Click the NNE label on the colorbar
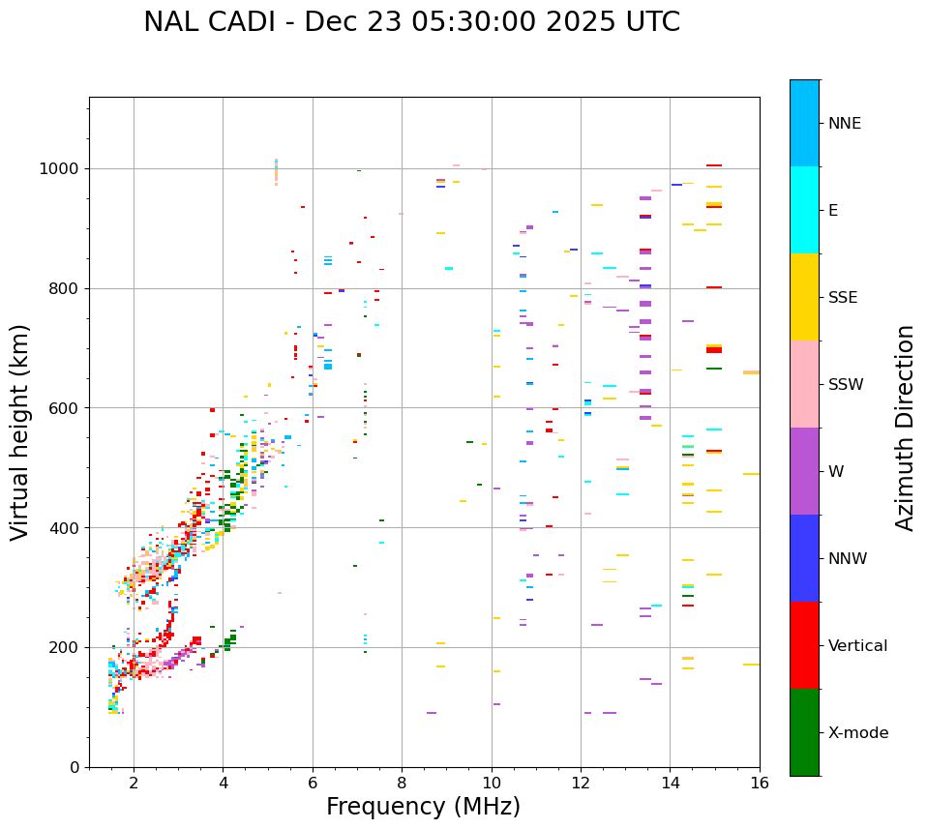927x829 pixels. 844,124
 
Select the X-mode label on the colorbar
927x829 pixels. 857,733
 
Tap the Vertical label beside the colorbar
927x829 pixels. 857,646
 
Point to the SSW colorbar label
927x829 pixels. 846,385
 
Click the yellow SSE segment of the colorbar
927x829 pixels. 804,297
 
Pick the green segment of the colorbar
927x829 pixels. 804,732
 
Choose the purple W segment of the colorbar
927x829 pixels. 804,471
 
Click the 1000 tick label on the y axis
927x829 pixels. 61,169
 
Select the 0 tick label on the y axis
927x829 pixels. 75,767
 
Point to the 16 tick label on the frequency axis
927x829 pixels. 760,783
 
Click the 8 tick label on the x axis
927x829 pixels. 402,783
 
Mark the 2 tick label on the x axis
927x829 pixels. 134,783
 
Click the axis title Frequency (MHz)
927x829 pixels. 423,807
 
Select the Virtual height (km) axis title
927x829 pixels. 20,431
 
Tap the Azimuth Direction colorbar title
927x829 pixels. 905,428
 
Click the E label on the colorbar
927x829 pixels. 833,211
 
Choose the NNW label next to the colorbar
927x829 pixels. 848,559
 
